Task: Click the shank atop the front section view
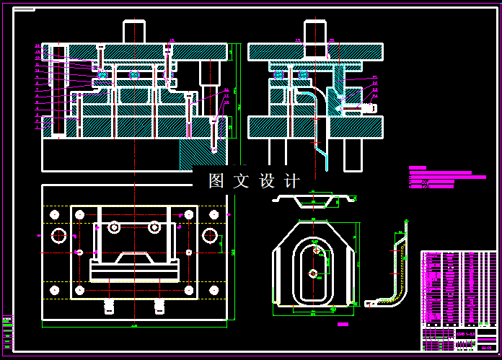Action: click(x=135, y=32)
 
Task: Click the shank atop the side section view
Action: click(x=314, y=32)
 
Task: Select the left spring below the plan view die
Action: click(x=110, y=306)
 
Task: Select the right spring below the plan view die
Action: click(x=159, y=306)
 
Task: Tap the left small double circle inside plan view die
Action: click(x=114, y=228)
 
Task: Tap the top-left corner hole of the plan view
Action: click(x=53, y=214)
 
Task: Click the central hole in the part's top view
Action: click(x=312, y=273)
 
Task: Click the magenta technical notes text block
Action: click(x=444, y=178)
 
